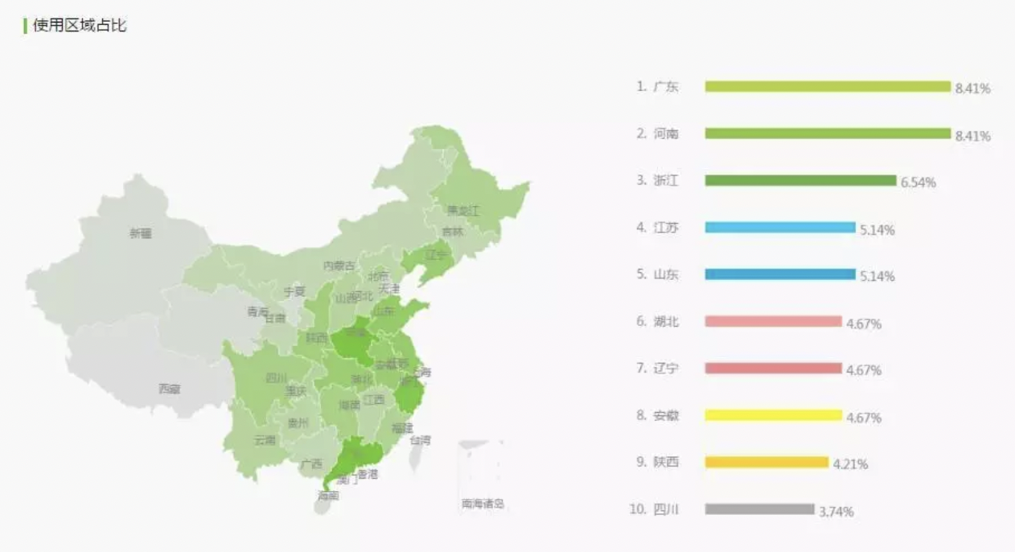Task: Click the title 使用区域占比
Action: point(80,26)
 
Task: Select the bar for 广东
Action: point(828,86)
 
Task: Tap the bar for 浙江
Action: point(800,180)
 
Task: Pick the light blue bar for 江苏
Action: point(780,228)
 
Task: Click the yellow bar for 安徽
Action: point(773,415)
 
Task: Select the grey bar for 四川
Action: point(759,509)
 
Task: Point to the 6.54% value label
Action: point(918,183)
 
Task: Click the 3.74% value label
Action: point(836,512)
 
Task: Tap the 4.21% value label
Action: point(850,464)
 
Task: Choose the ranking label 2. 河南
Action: point(658,134)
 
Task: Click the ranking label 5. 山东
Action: point(658,274)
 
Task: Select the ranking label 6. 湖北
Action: point(658,322)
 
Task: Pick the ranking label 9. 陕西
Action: point(658,462)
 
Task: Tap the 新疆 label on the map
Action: point(140,233)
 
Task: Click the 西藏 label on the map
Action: point(169,389)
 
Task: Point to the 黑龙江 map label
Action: point(463,211)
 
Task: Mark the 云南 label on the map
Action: point(265,440)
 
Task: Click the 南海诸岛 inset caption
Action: point(483,505)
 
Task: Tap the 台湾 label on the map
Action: point(420,440)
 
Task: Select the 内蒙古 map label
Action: point(339,266)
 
